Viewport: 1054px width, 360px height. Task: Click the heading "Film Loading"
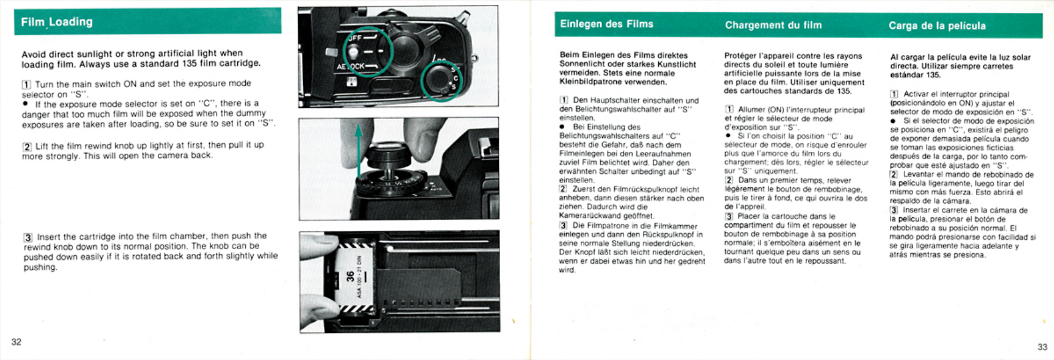(57, 22)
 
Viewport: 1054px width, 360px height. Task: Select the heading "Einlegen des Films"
(606, 24)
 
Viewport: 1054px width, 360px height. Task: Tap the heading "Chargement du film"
(773, 25)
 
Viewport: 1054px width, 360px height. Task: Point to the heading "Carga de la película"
(937, 26)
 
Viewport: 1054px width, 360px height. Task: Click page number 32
(16, 342)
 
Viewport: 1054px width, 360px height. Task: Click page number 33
(1042, 347)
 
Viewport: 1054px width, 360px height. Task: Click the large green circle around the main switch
(367, 52)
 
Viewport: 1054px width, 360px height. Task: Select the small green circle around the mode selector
(442, 81)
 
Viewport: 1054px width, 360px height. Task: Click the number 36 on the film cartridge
(350, 276)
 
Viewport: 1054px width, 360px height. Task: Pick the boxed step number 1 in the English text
(26, 84)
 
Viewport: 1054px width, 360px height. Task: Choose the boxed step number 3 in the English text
(28, 237)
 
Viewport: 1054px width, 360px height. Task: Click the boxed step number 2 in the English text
(27, 146)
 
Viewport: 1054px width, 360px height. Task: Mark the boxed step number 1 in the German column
(564, 100)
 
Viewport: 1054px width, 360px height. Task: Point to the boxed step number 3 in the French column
(729, 217)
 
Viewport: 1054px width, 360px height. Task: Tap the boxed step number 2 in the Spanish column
(894, 175)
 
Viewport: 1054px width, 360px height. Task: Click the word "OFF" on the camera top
(354, 38)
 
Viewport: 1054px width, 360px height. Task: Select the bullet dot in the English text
(25, 104)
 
